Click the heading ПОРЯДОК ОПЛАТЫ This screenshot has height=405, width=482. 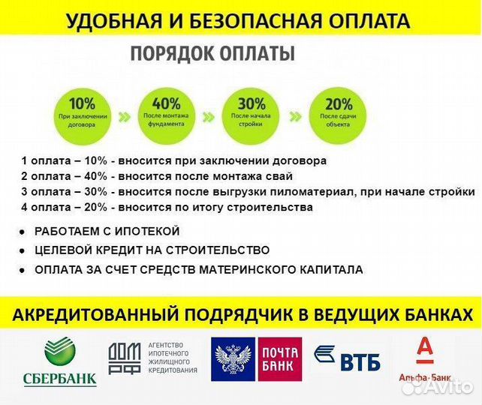(212, 55)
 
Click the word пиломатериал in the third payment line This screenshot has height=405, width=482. (318, 191)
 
